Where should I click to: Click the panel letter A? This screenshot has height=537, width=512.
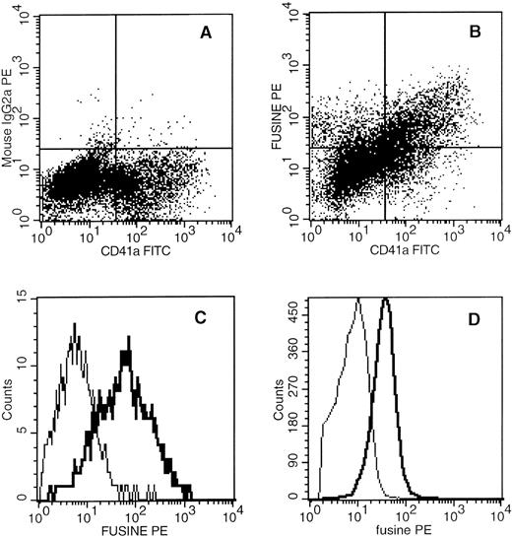coord(206,32)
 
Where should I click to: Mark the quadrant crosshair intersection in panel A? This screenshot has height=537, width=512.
coord(116,148)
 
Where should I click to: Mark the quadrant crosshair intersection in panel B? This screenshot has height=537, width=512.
coord(385,148)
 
